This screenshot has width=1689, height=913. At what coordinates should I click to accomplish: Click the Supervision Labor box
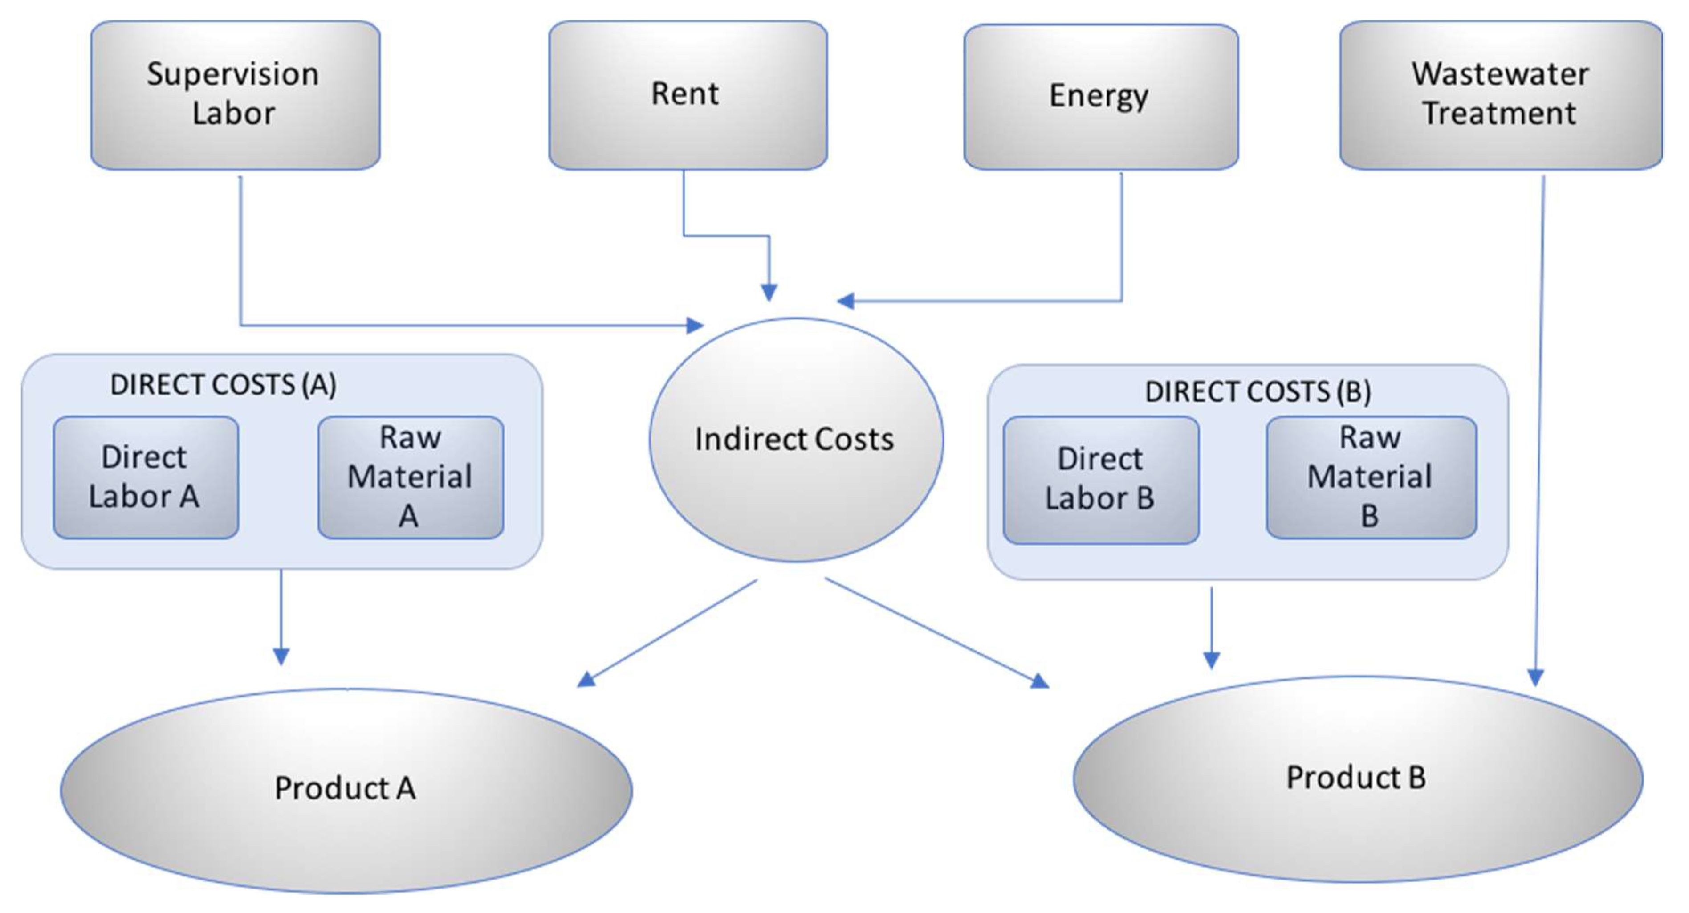pos(235,95)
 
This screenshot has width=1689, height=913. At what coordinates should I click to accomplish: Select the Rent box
pos(687,95)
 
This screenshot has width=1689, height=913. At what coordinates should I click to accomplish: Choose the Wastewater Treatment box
pos(1500,95)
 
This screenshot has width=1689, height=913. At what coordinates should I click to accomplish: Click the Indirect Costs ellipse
pos(795,440)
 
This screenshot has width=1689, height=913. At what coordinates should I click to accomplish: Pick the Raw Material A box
pos(411,477)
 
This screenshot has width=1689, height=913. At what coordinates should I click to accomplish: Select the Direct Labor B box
pos(1101,480)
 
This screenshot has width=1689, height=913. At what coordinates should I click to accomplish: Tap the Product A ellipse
pos(346,789)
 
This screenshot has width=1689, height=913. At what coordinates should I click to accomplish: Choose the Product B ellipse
pos(1357,778)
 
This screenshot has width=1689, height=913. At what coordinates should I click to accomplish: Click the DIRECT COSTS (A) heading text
pos(223,385)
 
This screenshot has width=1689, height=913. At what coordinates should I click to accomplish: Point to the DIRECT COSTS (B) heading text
pos(1258,391)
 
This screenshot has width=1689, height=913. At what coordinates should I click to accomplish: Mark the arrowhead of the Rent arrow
pos(769,292)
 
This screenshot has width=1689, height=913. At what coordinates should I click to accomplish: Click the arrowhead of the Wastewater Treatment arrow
pos(1535,677)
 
